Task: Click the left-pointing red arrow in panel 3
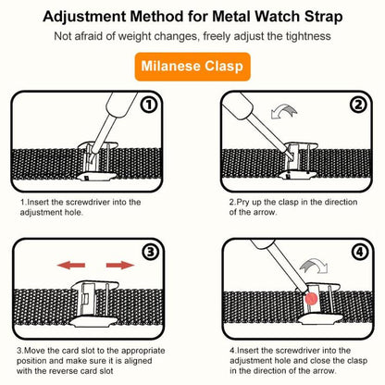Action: [72, 265]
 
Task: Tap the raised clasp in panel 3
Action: [95, 298]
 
